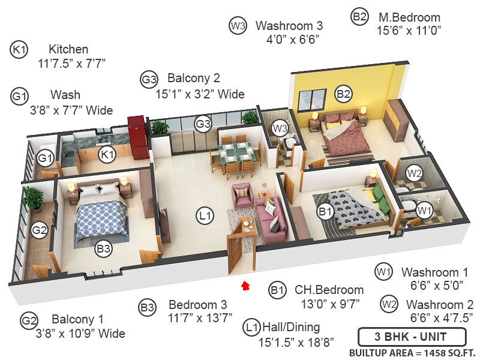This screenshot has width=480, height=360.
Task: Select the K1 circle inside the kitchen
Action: pyautogui.click(x=107, y=155)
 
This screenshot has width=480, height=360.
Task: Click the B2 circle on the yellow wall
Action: pyautogui.click(x=343, y=93)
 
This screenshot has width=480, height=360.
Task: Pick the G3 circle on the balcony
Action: pyautogui.click(x=203, y=124)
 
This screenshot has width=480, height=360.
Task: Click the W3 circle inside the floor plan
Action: pyautogui.click(x=280, y=127)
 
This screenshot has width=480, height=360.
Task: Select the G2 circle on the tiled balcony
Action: pyautogui.click(x=39, y=229)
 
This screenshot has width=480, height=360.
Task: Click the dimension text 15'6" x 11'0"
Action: pyautogui.click(x=409, y=31)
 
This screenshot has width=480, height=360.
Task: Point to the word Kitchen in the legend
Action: pyautogui.click(x=68, y=49)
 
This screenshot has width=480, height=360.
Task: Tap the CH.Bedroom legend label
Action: pyautogui.click(x=329, y=290)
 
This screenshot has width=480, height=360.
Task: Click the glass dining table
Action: pyautogui.click(x=231, y=152)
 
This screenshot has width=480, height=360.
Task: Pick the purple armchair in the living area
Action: pyautogui.click(x=242, y=196)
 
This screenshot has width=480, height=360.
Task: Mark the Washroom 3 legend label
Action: pyautogui.click(x=289, y=26)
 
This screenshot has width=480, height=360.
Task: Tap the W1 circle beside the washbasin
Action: pyautogui.click(x=425, y=211)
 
